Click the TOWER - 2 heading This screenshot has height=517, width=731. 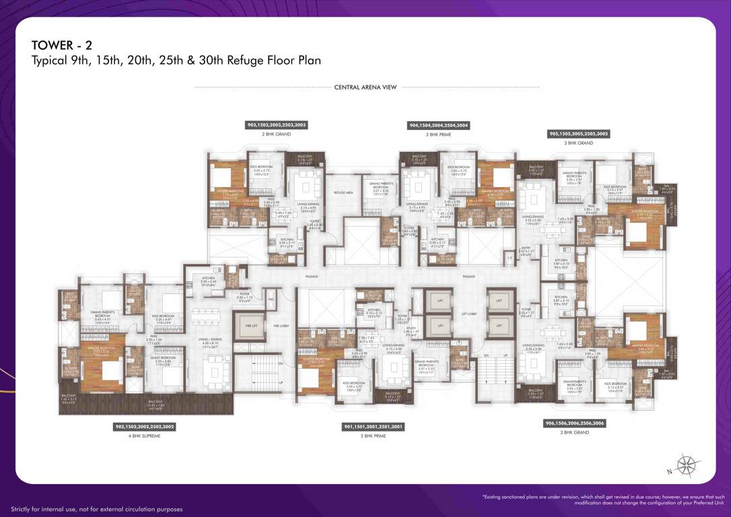pyautogui.click(x=62, y=45)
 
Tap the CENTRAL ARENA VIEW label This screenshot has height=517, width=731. pyautogui.click(x=365, y=87)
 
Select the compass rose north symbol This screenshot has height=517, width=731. pyautogui.click(x=687, y=464)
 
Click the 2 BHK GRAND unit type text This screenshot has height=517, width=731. pyautogui.click(x=276, y=134)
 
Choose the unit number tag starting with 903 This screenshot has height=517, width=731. pyautogui.click(x=276, y=125)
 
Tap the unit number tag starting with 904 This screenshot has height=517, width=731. pyautogui.click(x=439, y=125)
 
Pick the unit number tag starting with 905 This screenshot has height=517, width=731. pyautogui.click(x=579, y=134)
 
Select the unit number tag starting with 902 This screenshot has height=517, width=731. pyautogui.click(x=145, y=427)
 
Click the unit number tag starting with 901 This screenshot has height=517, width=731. pyautogui.click(x=374, y=427)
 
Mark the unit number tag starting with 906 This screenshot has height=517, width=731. pyautogui.click(x=574, y=423)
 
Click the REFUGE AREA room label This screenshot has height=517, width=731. pyautogui.click(x=343, y=193)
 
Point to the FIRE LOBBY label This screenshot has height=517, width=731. pyautogui.click(x=281, y=326)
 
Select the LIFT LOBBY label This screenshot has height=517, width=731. pyautogui.click(x=469, y=314)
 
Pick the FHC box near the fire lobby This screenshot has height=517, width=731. pyautogui.click(x=271, y=299)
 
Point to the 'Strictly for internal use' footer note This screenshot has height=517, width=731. pyautogui.click(x=96, y=509)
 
